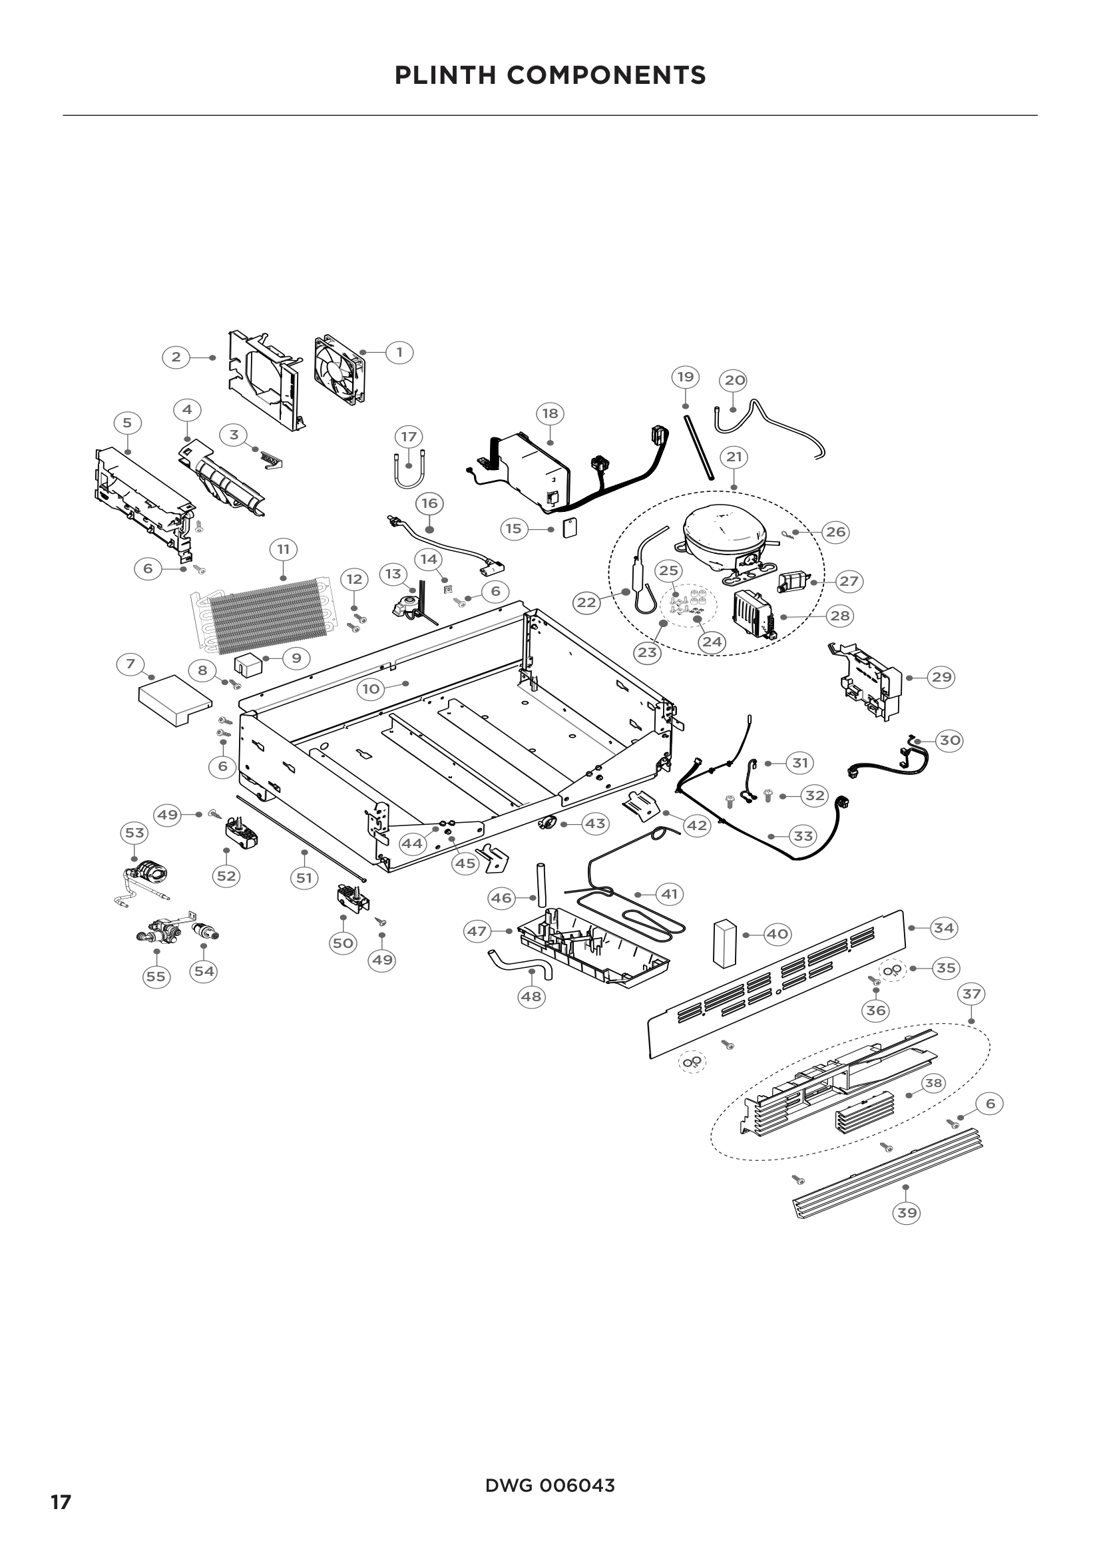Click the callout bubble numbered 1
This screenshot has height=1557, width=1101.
399,353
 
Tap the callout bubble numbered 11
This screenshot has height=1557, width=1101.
284,549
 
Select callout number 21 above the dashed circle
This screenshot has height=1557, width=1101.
734,457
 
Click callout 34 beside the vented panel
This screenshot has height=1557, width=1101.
944,928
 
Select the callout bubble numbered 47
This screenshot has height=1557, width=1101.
477,931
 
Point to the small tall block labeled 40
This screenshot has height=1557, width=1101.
724,942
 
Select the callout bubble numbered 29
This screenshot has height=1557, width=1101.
941,677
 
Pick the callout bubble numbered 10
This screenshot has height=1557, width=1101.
371,690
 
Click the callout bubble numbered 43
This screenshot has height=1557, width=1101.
595,824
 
